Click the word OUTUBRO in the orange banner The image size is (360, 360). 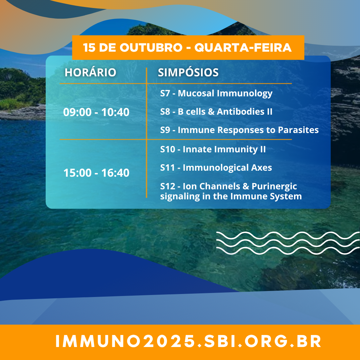(x=151, y=48)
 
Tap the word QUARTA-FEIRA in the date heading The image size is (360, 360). (x=243, y=48)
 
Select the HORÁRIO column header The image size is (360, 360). (x=90, y=73)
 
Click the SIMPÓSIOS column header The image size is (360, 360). (x=188, y=73)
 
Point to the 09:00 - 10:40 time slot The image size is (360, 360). (x=96, y=112)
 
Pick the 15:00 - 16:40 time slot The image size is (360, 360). (x=96, y=173)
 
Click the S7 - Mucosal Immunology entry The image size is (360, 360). (x=216, y=94)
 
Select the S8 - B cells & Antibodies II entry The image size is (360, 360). (x=216, y=112)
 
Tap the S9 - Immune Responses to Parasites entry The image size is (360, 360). (x=239, y=130)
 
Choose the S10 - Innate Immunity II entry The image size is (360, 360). (x=213, y=149)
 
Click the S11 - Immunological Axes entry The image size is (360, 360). (x=216, y=168)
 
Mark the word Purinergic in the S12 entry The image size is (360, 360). (x=274, y=187)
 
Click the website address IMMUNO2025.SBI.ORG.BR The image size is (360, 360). (x=188, y=341)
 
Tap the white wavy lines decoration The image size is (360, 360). (x=288, y=243)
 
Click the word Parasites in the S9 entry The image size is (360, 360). (x=298, y=130)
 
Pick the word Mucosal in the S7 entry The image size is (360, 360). (x=196, y=93)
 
